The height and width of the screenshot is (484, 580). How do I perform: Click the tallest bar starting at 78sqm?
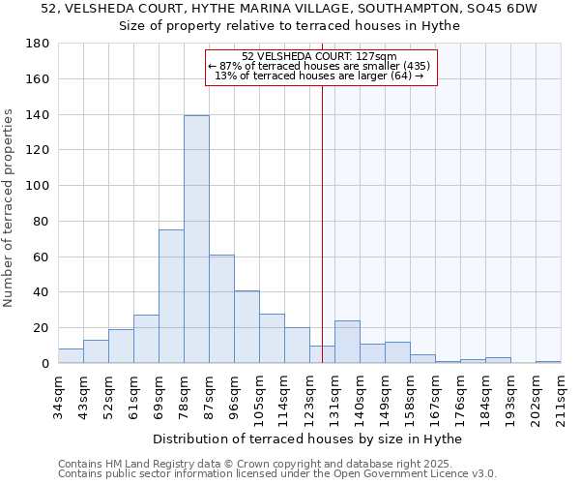point(196,239)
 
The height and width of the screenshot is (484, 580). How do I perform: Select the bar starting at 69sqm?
point(171,296)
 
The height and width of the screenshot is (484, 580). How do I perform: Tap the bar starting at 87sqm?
point(221,309)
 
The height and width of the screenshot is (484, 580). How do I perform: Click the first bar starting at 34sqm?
point(71,355)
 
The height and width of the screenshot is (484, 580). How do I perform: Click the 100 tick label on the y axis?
point(38,186)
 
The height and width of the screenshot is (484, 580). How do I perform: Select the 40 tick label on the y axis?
point(42,292)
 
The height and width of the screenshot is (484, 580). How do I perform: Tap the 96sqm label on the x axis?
point(234,394)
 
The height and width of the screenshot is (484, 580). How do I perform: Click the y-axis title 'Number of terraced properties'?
point(10,208)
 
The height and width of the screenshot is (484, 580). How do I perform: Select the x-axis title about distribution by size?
point(308,439)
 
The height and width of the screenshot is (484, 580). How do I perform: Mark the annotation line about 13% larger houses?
point(319,76)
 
